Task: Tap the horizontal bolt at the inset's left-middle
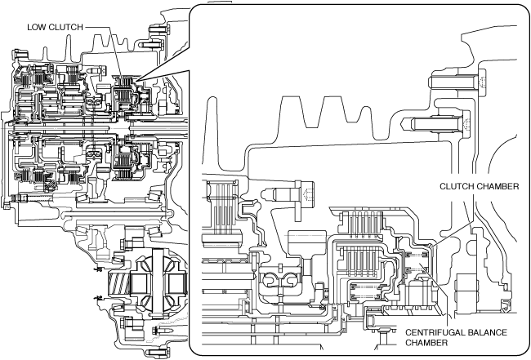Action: click(291, 196)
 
